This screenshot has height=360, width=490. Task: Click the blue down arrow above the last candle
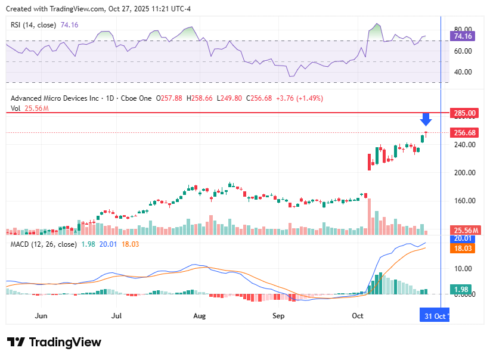pos(426,119)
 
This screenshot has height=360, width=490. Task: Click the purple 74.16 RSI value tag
pos(463,36)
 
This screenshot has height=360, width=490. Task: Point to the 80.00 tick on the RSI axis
pos(463,29)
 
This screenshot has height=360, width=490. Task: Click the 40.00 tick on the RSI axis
pos(463,72)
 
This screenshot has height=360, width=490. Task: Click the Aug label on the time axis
pos(200,315)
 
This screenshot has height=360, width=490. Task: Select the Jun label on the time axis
pos(41,315)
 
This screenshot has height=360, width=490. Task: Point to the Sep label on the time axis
pos(279,315)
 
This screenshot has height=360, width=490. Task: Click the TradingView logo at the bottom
pos(54,342)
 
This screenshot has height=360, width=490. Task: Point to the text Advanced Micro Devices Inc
pos(55,98)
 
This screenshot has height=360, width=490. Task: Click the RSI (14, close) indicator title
pos(33,25)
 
